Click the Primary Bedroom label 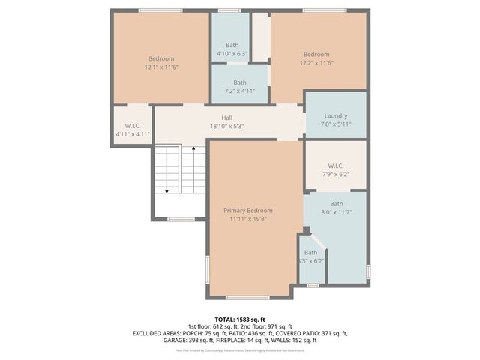248,211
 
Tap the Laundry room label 336,115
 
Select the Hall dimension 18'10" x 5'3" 226,126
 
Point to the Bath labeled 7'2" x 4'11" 240,86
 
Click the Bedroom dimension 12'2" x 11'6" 316,63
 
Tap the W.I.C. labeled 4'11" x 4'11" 133,130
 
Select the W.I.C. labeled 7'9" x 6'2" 336,169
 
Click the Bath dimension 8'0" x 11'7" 336,212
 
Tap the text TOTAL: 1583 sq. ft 240,318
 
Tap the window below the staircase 180,219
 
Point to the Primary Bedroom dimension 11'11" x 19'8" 248,220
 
